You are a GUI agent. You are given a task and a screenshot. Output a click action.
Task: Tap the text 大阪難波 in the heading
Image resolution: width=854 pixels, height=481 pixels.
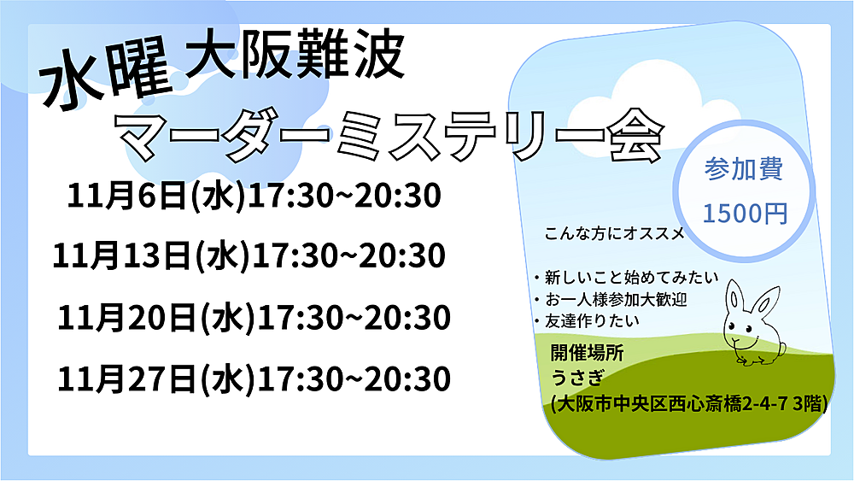coord(295,55)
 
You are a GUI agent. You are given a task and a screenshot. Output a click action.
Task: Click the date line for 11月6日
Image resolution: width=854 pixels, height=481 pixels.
coord(254,196)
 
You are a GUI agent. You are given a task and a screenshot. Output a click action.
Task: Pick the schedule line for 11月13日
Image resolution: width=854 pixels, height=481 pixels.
coord(249,255)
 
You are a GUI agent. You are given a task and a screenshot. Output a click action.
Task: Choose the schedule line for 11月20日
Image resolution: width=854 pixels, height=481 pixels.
coord(254,318)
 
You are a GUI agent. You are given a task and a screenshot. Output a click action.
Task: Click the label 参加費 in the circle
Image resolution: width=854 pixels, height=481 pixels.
coord(744,169)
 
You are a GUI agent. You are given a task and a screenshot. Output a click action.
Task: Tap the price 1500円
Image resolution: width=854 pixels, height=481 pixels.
coord(745,213)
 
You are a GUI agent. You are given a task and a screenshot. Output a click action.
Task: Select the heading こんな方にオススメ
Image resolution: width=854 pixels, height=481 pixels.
coord(615,234)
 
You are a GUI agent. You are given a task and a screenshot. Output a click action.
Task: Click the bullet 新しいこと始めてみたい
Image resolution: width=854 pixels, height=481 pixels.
coord(627,278)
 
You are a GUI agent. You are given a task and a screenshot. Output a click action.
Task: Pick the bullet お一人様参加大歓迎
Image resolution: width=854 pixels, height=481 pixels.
coord(611,299)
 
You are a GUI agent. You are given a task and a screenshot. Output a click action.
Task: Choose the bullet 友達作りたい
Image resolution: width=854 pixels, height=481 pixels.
coord(588,320)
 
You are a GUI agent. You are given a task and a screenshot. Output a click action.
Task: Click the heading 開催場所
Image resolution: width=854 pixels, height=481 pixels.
coord(588,353)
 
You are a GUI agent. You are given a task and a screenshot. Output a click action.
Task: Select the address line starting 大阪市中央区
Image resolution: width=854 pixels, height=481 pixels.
coord(689,403)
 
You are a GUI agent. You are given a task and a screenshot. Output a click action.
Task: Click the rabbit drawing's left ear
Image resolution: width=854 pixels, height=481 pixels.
coord(734,297)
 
